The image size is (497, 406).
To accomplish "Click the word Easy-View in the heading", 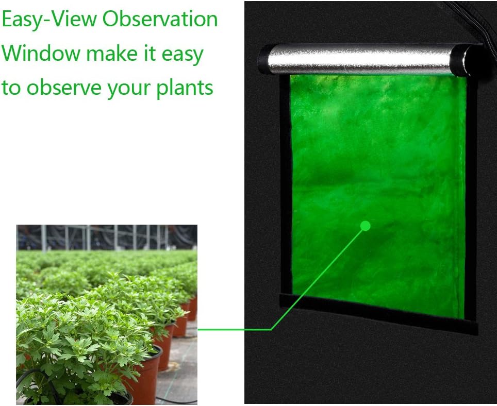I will [x=48, y=20].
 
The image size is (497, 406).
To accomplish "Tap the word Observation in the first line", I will [x=160, y=20].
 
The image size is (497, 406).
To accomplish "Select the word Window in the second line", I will [x=41, y=53].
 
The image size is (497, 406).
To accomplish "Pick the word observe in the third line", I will [x=64, y=88].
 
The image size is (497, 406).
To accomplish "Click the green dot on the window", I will [x=366, y=225].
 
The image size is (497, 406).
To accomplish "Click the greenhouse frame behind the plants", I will [x=103, y=237].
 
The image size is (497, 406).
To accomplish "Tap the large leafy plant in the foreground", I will [x=77, y=335].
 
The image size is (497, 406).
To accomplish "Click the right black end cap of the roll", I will [x=472, y=59].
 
